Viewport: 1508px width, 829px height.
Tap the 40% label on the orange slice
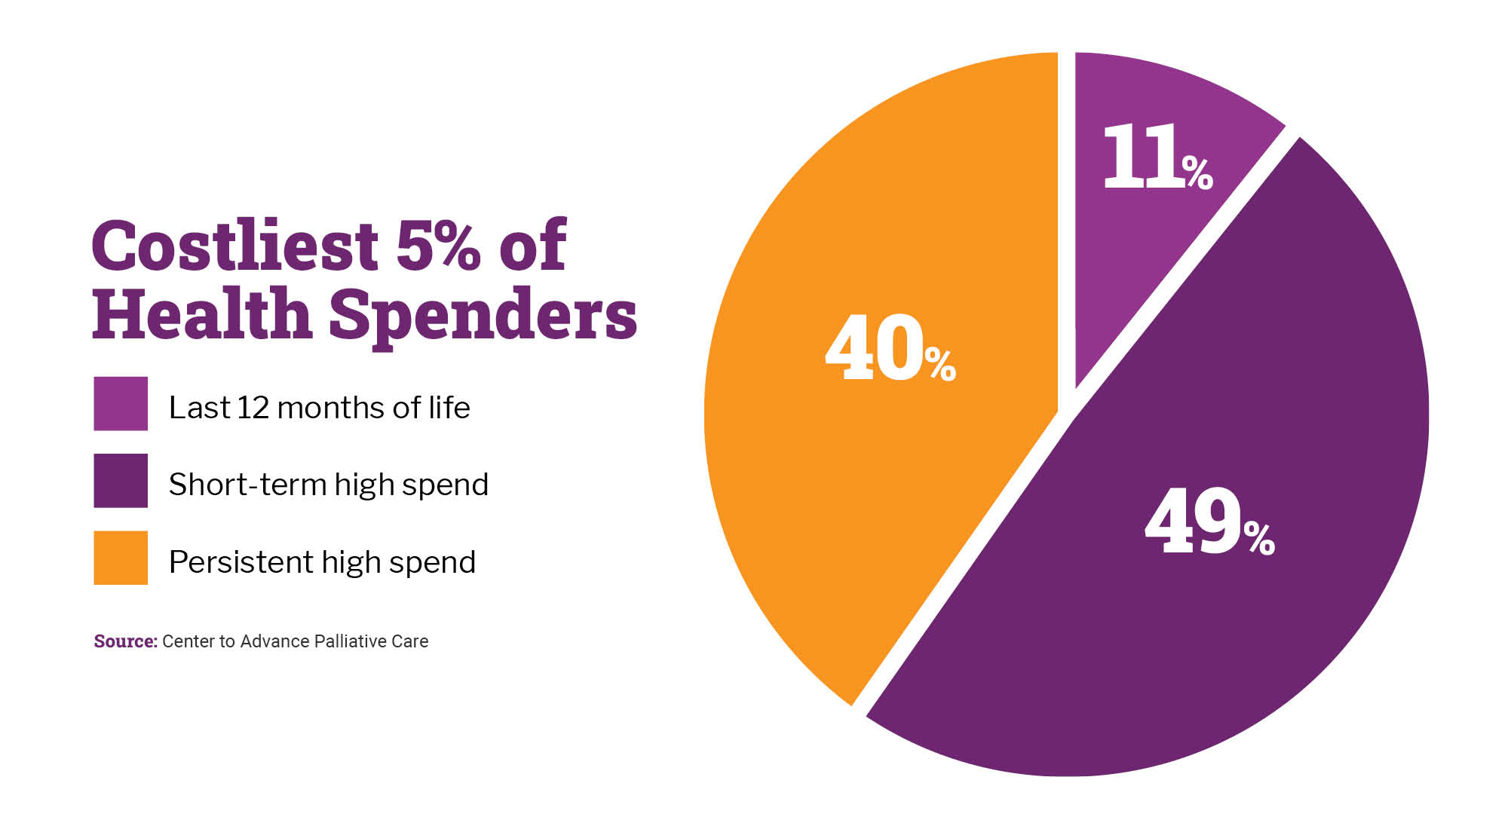(x=890, y=349)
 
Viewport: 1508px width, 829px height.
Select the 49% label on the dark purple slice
(x=1209, y=522)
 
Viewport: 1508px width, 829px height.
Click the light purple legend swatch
(x=121, y=404)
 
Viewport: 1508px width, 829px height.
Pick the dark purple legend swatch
(x=121, y=481)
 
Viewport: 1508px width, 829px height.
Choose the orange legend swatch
(x=121, y=558)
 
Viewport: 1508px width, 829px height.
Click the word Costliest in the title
(x=234, y=246)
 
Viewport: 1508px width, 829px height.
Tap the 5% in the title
(x=438, y=246)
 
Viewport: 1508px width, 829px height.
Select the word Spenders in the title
(x=483, y=315)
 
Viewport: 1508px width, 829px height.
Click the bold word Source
(x=125, y=641)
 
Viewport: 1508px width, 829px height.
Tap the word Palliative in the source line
(x=361, y=641)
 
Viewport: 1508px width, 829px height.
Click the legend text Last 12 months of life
(x=319, y=408)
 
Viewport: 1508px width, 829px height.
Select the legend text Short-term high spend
(x=328, y=485)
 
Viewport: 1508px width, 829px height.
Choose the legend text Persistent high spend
(x=322, y=562)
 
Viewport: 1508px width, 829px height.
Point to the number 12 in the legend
(x=253, y=408)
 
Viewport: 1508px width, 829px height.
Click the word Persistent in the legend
(x=241, y=562)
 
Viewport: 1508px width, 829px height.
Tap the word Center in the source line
(x=188, y=641)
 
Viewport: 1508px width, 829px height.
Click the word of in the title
(x=532, y=246)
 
